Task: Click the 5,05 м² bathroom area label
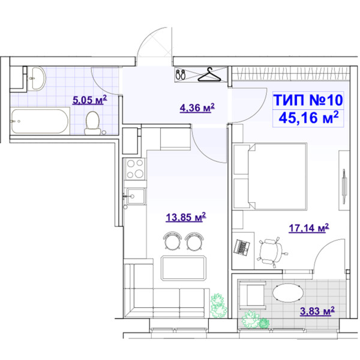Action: [x=89, y=100]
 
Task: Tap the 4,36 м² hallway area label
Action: [x=197, y=107]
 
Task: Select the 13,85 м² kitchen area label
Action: [x=186, y=217]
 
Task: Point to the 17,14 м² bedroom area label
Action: [x=309, y=228]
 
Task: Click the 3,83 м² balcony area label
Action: [x=317, y=311]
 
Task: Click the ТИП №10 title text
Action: [x=308, y=100]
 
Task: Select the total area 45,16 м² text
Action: [x=308, y=118]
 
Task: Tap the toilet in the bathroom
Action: [x=92, y=123]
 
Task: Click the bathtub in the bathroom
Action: [x=40, y=121]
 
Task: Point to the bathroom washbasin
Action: [x=38, y=78]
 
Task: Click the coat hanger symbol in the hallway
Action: [x=209, y=74]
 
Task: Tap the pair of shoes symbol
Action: [x=181, y=74]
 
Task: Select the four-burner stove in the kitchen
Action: [x=135, y=169]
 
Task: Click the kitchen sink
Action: [x=135, y=196]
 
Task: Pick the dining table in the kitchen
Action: [x=184, y=268]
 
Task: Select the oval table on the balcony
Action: [x=288, y=293]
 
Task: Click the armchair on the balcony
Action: [x=252, y=295]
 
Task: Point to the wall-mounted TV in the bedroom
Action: [x=344, y=186]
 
